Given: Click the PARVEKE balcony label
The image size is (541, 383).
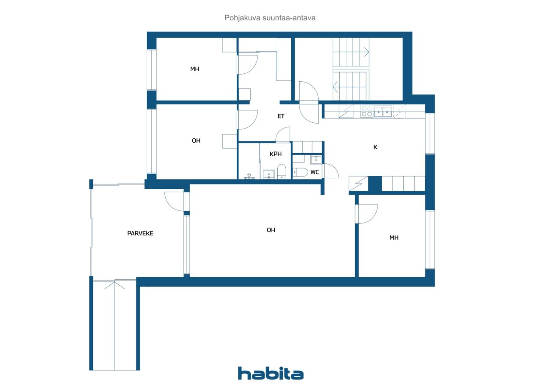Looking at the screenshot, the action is [140, 233].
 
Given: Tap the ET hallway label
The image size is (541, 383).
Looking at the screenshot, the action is [281, 116].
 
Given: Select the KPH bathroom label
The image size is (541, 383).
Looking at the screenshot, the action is [276, 154].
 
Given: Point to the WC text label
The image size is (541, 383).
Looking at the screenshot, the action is [315, 172].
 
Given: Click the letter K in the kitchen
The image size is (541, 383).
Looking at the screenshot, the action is [375, 147].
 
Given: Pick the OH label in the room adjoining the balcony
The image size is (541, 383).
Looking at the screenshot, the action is [271, 230].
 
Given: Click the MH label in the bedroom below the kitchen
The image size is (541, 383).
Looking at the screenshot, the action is [394, 238].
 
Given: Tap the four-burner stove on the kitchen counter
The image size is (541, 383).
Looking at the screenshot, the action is [366, 111].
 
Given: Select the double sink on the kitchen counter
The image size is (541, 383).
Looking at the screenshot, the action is [383, 112].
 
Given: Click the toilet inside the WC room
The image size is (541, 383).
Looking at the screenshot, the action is [300, 172].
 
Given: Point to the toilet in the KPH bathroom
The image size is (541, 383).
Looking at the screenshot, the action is [281, 172].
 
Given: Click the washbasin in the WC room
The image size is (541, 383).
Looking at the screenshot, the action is [316, 160].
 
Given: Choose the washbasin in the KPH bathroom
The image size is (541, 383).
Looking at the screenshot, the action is [269, 174].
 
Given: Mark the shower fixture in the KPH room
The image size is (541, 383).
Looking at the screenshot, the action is [249, 176].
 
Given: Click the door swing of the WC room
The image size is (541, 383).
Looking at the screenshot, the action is [331, 171].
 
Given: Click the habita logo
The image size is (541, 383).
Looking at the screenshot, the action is [271, 373].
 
